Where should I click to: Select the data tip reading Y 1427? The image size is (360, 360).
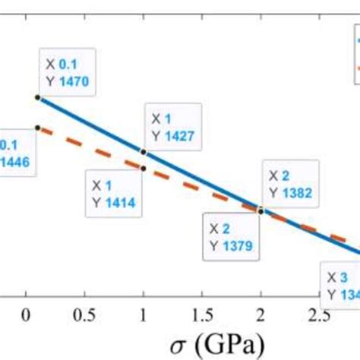(172, 128)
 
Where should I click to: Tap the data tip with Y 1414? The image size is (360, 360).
(114, 194)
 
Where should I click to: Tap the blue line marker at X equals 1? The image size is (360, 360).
(144, 152)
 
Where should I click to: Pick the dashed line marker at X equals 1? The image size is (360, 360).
(144, 168)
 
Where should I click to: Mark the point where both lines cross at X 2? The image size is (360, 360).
(261, 210)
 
